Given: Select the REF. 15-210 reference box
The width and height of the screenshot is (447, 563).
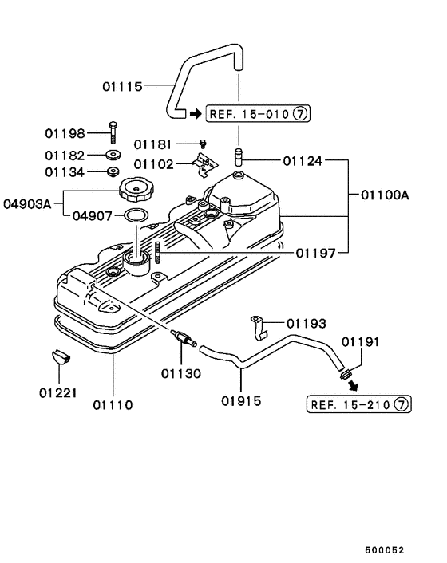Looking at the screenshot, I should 358,404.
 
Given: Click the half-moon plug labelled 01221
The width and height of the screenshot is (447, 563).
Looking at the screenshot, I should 61,355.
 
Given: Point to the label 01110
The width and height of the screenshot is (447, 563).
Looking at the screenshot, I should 113,404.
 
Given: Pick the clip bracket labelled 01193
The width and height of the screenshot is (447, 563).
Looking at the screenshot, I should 259,324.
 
